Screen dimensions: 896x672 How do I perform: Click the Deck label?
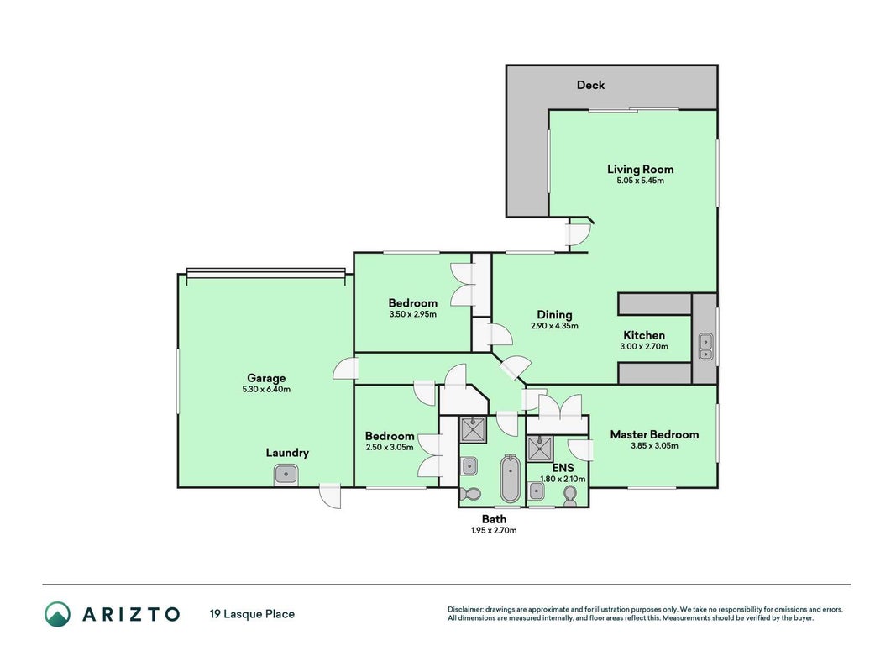590,85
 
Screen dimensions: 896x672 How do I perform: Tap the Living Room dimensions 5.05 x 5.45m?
640,181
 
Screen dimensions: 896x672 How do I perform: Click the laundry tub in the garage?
286,474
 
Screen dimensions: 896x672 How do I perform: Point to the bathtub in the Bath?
511,478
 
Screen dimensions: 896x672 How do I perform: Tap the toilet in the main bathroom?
472,494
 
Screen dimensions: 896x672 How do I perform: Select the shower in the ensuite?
540,449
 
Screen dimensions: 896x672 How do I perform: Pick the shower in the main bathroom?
473,430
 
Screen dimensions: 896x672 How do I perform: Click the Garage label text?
266,378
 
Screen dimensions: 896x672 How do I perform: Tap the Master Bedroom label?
654,434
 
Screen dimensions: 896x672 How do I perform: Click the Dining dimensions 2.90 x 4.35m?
554,326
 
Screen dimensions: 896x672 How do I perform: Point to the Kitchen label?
644,335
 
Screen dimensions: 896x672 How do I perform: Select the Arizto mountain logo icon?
58,614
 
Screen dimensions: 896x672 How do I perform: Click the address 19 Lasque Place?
252,614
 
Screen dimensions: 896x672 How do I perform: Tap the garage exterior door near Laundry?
330,496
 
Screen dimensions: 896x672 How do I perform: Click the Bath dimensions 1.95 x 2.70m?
494,530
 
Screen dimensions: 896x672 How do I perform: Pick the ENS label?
563,468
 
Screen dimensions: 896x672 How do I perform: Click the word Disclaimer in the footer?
466,610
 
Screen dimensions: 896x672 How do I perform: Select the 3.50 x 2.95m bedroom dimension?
412,314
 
